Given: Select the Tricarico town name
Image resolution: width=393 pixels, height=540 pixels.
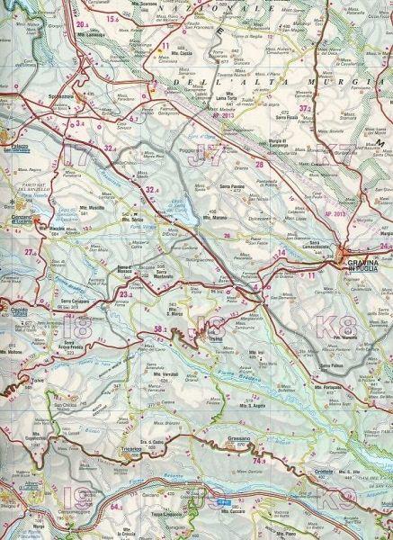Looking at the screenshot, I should (130, 447).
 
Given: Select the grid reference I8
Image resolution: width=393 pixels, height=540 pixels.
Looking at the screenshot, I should (82, 327).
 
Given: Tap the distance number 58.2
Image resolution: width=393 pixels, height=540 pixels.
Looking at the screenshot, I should (162, 329).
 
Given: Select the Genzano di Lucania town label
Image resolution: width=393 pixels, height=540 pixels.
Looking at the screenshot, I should (20, 220).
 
